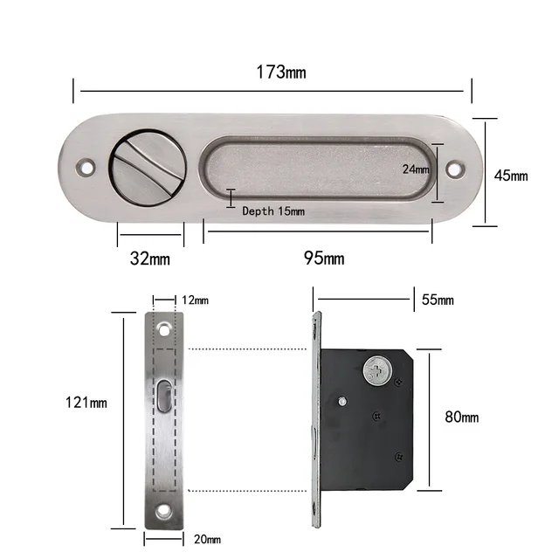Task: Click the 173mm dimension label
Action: [281, 72]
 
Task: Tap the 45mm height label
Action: [511, 175]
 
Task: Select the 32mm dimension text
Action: [150, 259]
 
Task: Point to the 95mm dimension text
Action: [324, 259]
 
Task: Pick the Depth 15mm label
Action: [273, 210]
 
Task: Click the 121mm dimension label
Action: [86, 404]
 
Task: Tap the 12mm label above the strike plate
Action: [196, 300]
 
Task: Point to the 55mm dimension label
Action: [438, 300]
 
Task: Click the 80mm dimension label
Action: [462, 417]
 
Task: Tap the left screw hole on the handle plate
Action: [86, 164]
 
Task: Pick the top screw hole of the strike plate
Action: [165, 330]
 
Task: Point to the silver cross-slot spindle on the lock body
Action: [377, 372]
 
